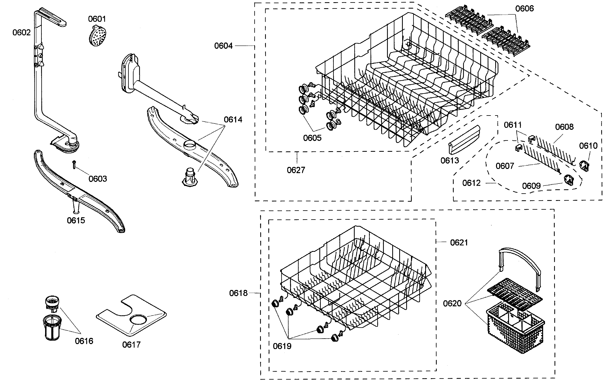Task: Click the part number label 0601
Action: [97, 19]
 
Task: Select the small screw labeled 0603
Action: [74, 165]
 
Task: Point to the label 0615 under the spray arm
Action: [76, 221]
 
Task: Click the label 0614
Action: [233, 119]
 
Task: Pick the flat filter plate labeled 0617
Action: [131, 315]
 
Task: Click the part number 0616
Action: [84, 341]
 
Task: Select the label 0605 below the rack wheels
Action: [312, 138]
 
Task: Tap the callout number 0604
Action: [223, 46]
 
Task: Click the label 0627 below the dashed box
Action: [296, 170]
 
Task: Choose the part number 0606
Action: [524, 9]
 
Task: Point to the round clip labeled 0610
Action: [584, 166]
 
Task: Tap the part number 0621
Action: [459, 243]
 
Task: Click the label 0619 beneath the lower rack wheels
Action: [282, 346]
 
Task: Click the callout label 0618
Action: [238, 293]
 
